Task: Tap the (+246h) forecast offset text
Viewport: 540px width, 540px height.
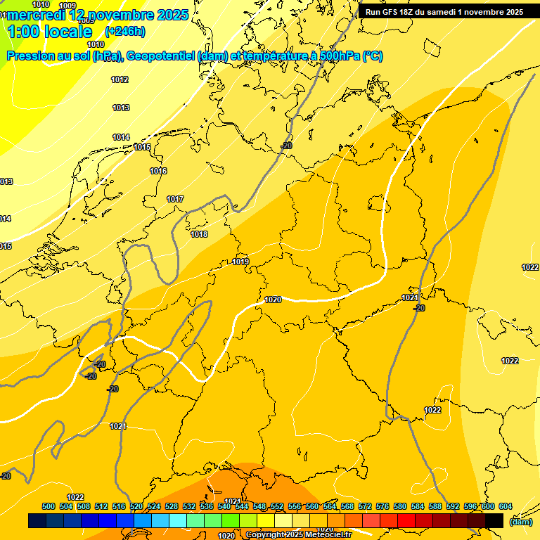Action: coord(124,31)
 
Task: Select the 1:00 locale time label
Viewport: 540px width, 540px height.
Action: coord(49,32)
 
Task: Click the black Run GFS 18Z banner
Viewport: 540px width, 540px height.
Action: coord(444,12)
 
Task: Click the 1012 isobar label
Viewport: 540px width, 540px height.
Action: coord(120,79)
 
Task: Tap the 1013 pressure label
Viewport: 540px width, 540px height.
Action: coord(121,108)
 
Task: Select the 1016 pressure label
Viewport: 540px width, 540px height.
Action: coord(158,171)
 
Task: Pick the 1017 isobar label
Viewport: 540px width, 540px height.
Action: coord(175,199)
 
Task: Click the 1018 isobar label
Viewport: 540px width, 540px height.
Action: coord(199,234)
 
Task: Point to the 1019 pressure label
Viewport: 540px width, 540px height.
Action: coord(240,262)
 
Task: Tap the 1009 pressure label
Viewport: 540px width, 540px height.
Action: coord(67,6)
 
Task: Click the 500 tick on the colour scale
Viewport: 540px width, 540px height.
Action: coord(49,506)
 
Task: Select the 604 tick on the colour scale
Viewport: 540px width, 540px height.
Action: coord(505,506)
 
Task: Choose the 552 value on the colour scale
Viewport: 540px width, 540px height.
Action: coord(277,506)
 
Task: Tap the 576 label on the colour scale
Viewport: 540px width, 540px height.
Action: coord(382,506)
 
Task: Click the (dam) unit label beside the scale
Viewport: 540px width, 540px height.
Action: coord(520,521)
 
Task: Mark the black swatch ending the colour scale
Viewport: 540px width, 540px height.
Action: coord(494,520)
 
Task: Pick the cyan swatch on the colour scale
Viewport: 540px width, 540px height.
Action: coord(178,520)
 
